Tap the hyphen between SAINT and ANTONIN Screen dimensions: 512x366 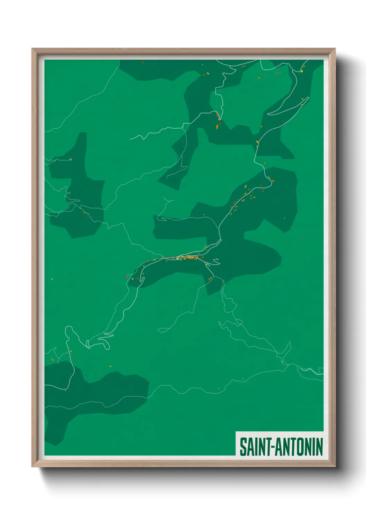pos(272,447)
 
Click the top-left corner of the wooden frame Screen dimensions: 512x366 pos(33,49)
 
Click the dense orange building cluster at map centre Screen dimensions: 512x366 pos(189,257)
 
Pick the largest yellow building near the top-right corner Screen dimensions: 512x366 pos(302,71)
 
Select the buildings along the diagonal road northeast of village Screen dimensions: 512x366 pos(242,199)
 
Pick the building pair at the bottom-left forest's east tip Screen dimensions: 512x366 pos(147,381)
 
